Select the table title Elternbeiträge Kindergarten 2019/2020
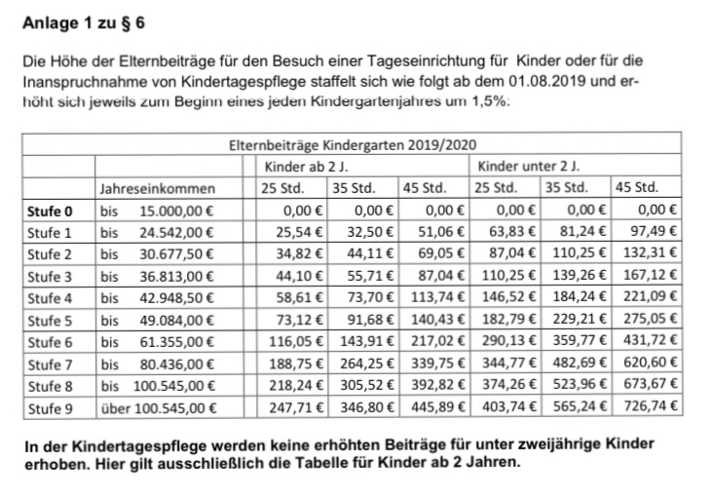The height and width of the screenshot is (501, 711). pos(353,145)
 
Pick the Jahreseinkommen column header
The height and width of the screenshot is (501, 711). pos(157,188)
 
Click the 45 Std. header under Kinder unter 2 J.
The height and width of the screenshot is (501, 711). pos(637,188)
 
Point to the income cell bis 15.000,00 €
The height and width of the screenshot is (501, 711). pos(157,210)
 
